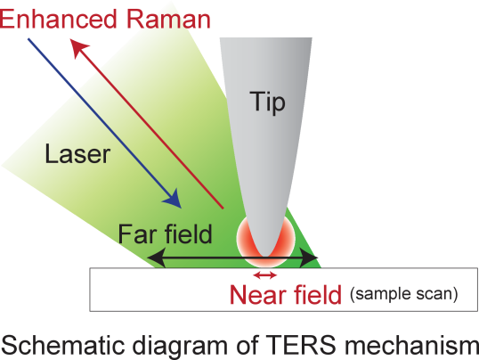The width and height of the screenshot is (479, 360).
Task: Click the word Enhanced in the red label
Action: (58, 19)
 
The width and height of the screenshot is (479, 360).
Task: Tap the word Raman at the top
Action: (168, 19)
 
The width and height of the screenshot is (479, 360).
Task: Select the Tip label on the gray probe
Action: (268, 102)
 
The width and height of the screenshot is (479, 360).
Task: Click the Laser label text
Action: (77, 154)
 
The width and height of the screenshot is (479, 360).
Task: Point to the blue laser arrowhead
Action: (173, 200)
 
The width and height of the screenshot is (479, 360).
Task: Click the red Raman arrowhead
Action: (78, 47)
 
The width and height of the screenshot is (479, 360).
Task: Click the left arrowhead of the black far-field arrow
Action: (157, 258)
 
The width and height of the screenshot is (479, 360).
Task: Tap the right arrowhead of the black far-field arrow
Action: (309, 258)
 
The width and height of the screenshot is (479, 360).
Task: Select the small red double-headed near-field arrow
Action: (265, 275)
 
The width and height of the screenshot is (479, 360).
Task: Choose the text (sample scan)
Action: (404, 294)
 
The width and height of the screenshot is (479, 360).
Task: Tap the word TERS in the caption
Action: (301, 345)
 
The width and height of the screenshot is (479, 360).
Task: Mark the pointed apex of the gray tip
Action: (265, 257)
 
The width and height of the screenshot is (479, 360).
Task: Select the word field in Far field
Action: (188, 234)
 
